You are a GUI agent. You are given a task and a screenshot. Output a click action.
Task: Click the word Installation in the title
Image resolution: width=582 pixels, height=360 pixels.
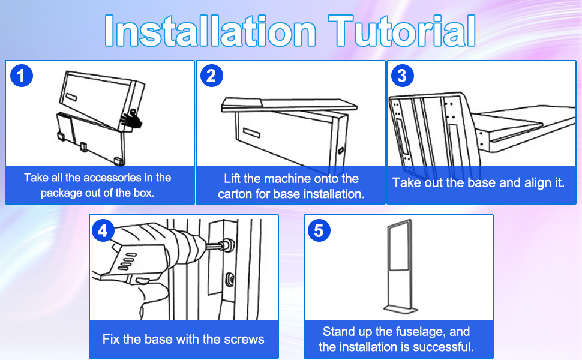(211, 31)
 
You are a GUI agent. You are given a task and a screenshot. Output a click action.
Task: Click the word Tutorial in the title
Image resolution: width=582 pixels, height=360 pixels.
(402, 31)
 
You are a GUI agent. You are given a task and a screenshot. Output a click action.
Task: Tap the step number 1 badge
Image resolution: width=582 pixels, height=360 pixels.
(22, 76)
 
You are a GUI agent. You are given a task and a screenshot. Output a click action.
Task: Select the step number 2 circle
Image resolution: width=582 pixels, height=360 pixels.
(212, 76)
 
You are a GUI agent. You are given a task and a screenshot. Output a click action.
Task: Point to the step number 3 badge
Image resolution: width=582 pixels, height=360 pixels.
(403, 76)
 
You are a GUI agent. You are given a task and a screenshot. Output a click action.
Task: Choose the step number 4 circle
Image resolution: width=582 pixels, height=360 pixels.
(103, 230)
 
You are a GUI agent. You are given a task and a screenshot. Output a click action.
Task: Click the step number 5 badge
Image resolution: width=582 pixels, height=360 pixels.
(319, 230)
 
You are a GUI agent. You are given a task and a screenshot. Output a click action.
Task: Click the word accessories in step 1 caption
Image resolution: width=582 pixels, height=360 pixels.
(109, 178)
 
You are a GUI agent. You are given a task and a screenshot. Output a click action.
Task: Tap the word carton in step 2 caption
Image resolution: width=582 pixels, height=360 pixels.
(235, 194)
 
